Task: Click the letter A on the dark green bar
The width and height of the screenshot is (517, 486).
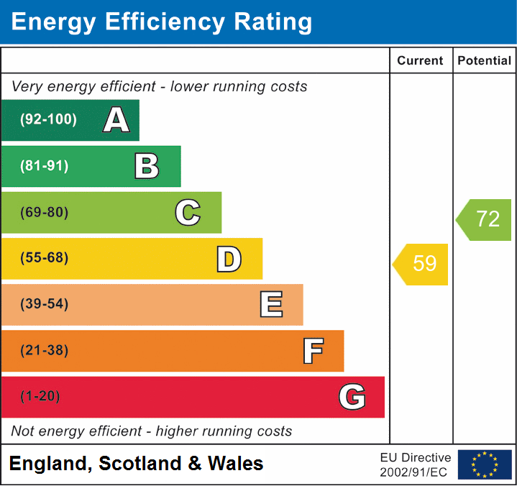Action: coord(116,120)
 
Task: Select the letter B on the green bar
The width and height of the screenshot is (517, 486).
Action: coord(147,166)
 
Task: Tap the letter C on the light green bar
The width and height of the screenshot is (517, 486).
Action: coord(188,213)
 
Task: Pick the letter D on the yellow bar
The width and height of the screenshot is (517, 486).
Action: coord(229,259)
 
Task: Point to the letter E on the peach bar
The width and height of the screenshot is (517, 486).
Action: coord(270,305)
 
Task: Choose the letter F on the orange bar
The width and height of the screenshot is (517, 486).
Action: coord(312,351)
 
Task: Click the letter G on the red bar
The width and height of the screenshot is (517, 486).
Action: coord(352,397)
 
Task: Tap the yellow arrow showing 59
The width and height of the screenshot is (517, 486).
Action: coord(421,264)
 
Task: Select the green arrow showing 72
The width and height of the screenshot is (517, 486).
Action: coord(485,219)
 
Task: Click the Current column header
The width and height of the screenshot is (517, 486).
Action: coord(421,61)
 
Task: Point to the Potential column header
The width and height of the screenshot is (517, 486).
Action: coord(485,61)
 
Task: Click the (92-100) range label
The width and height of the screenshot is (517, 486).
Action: coord(49,120)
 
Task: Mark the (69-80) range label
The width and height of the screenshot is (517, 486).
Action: coord(45,213)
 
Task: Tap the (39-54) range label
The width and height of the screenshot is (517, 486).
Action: coord(45,305)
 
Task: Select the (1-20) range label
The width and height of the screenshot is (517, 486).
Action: coord(41,397)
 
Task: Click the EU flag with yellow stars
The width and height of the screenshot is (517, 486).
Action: coord(485,464)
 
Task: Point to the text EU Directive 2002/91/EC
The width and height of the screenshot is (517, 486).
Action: coord(416,465)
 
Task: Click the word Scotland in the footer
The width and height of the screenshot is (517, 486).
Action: coord(140,464)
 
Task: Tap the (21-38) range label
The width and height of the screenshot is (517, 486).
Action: coord(45,351)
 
